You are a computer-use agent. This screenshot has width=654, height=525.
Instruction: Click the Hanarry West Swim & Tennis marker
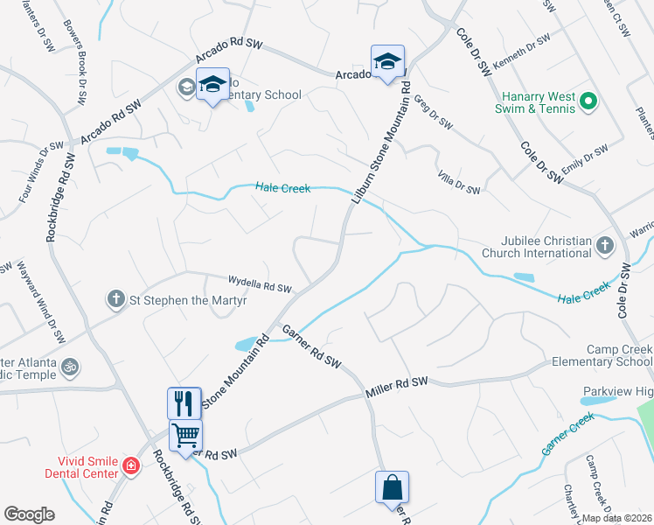pyautogui.click(x=588, y=102)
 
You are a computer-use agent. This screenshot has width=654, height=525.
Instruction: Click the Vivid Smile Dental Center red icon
pyautogui.click(x=131, y=465)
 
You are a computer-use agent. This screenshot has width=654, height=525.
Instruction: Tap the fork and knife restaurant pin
pyautogui.click(x=184, y=403)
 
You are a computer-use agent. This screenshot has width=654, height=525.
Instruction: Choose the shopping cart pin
pyautogui.click(x=185, y=434)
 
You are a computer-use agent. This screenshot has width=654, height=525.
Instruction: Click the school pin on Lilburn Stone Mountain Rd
pyautogui.click(x=387, y=61)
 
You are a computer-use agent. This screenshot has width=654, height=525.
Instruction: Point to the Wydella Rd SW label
pyautogui.click(x=259, y=283)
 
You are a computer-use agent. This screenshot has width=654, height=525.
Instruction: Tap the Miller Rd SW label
pyautogui.click(x=398, y=388)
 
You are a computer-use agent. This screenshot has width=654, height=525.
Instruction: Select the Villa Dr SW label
pyautogui.click(x=459, y=184)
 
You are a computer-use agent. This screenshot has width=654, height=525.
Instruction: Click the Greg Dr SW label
pyautogui.click(x=433, y=114)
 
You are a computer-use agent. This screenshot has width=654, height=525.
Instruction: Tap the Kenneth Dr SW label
pyautogui.click(x=522, y=54)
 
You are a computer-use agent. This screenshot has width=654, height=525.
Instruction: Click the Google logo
pyautogui.click(x=29, y=514)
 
